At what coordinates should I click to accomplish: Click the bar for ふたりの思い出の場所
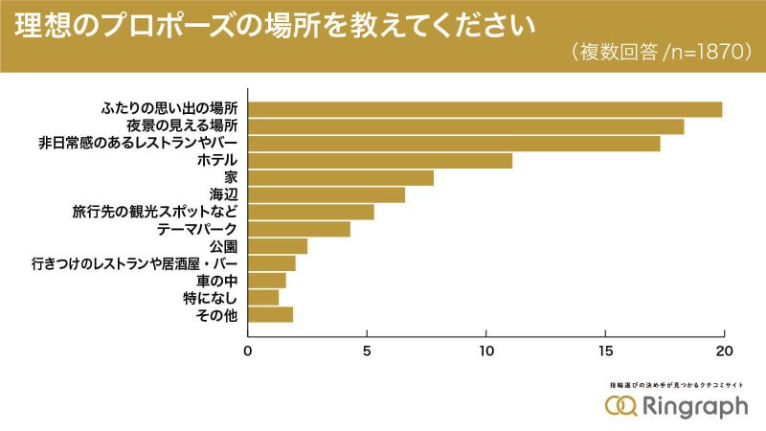pyautogui.click(x=485, y=109)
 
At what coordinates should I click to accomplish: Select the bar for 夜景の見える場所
pyautogui.click(x=466, y=126)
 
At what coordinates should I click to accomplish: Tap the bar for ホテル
pyautogui.click(x=380, y=161)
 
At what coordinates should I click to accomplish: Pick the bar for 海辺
pyautogui.click(x=327, y=195)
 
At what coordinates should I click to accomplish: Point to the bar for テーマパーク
pyautogui.click(x=300, y=230)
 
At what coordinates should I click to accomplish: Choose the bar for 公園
pyautogui.click(x=278, y=247)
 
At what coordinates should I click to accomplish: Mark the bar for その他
pyautogui.click(x=271, y=315)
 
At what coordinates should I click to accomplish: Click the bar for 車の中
pyautogui.click(x=267, y=281)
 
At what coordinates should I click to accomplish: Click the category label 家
pyautogui.click(x=230, y=178)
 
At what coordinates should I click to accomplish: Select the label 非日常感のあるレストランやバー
pyautogui.click(x=138, y=144)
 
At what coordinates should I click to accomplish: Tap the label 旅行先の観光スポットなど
pyautogui.click(x=155, y=213)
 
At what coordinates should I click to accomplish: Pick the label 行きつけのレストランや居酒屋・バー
pyautogui.click(x=134, y=263)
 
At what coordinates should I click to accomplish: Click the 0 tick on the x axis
pyautogui.click(x=249, y=350)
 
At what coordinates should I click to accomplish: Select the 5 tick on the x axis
pyautogui.click(x=368, y=350)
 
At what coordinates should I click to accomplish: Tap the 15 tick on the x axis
pyautogui.click(x=605, y=350)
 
